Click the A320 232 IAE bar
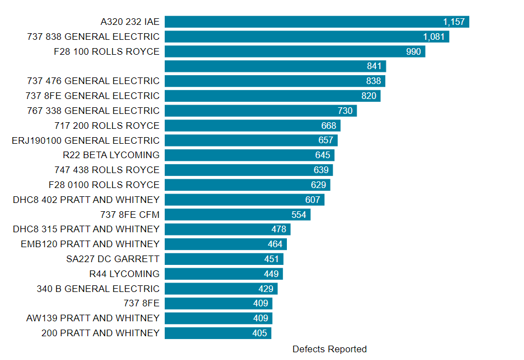(317, 22)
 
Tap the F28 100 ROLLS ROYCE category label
(107, 51)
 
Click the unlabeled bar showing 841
(275, 66)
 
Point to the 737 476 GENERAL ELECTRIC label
(93, 81)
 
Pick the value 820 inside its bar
(369, 96)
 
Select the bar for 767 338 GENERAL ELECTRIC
(260, 111)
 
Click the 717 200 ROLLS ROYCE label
(107, 126)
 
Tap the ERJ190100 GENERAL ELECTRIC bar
(251, 140)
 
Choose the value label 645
(322, 155)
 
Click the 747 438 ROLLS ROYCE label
(107, 170)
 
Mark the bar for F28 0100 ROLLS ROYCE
(247, 185)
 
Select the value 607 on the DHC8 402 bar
(313, 200)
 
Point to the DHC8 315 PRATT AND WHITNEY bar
(227, 229)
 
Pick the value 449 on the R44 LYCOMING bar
(271, 274)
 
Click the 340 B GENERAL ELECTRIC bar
(221, 289)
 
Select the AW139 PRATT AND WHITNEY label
(93, 318)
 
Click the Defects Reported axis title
(329, 349)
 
